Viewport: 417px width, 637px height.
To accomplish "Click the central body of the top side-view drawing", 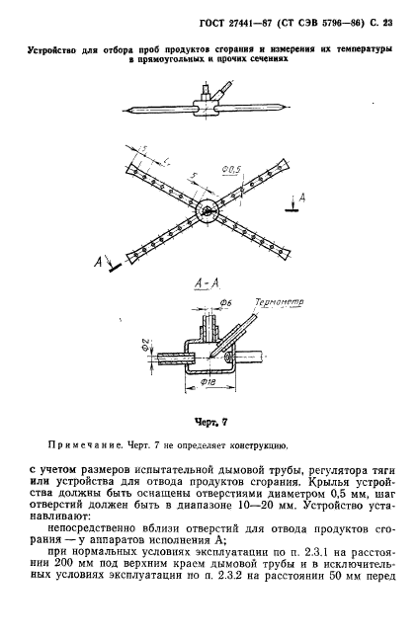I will (207, 103).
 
